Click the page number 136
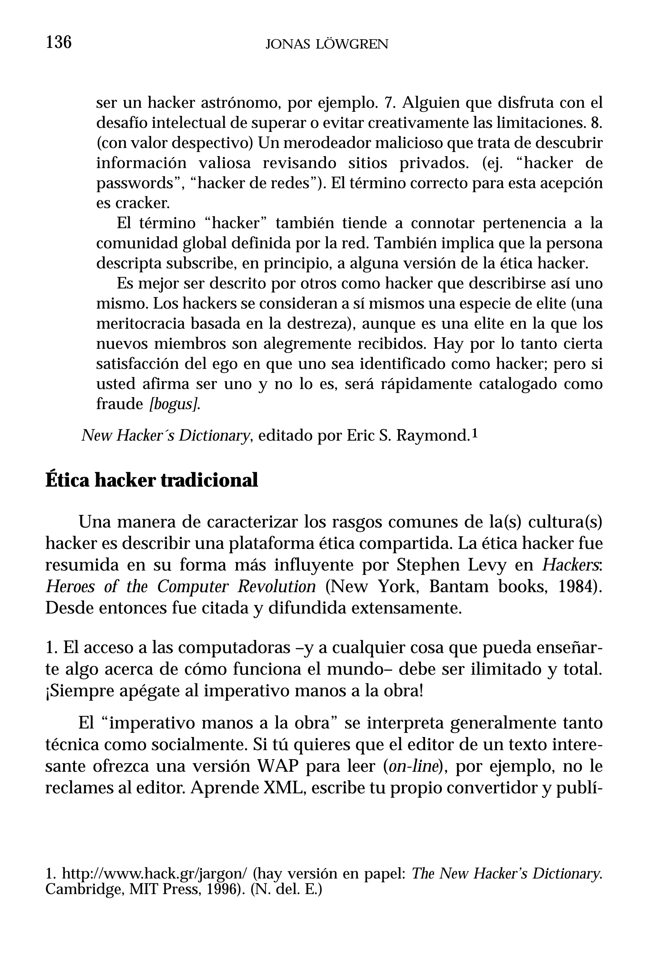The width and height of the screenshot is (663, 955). (x=59, y=42)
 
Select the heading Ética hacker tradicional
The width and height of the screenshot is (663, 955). (x=151, y=480)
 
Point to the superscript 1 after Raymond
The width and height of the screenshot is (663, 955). (x=476, y=433)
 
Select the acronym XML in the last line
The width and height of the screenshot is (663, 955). (x=285, y=788)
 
